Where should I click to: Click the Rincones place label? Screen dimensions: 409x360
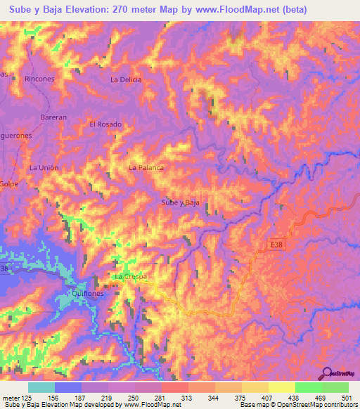click(x=39, y=79)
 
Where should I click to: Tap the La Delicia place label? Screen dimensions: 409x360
click(x=126, y=79)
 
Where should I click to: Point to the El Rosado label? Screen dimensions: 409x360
click(x=105, y=124)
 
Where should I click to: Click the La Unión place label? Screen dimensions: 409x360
click(x=44, y=168)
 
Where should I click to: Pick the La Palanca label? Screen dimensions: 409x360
click(x=146, y=168)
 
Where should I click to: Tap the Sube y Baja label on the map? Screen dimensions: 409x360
click(x=181, y=202)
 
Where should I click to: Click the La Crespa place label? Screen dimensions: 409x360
click(x=131, y=277)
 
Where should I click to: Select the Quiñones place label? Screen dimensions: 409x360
click(x=88, y=294)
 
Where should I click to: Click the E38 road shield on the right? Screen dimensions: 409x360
click(x=278, y=244)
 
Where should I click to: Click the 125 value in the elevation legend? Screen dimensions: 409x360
click(x=25, y=398)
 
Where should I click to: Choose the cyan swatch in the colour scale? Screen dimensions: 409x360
click(x=41, y=387)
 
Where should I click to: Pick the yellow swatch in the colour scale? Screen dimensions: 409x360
click(x=281, y=387)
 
